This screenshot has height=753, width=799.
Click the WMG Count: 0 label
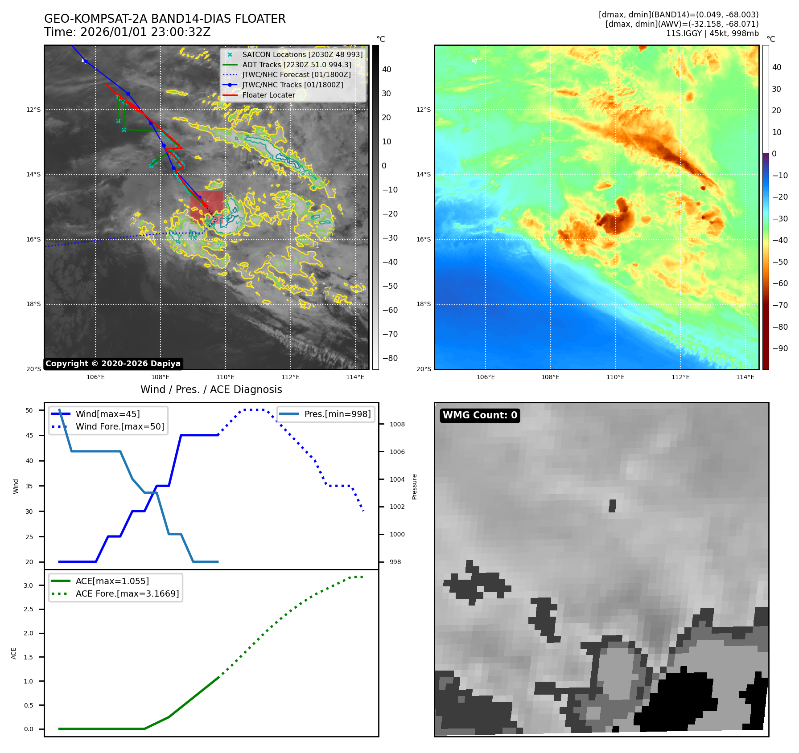[x=480, y=415]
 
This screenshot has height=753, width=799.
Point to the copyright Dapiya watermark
[x=113, y=364]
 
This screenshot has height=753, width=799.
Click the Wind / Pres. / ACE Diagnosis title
[x=211, y=389]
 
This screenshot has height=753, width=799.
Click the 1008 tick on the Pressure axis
[x=397, y=424]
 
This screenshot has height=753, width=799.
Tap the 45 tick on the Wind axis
[x=29, y=435]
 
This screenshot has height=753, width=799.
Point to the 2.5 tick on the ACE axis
[x=28, y=609]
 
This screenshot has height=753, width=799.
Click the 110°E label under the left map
[x=226, y=377]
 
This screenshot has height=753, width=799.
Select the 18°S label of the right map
[x=424, y=304]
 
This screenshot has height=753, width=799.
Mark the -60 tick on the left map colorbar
[x=390, y=310]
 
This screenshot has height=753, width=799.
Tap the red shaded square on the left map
[x=206, y=205]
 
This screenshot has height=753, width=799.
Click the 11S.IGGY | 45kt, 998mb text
[x=712, y=33]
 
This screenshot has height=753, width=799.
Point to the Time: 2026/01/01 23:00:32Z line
[x=127, y=32]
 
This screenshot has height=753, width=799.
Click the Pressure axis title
[x=414, y=487]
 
